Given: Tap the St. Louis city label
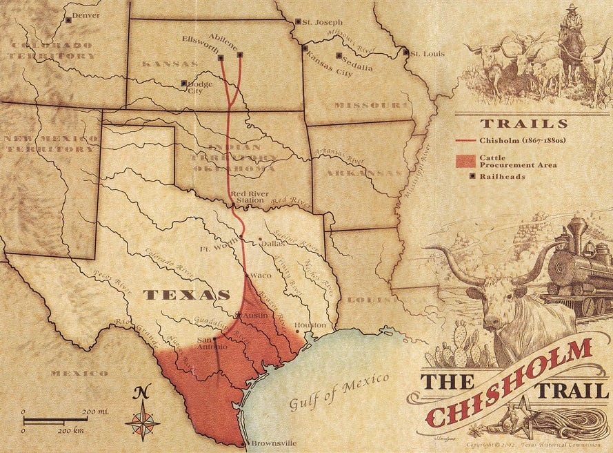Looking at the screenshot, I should (x=423, y=52).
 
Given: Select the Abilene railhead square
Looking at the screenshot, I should (x=239, y=54).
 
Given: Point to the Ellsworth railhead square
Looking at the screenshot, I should (x=221, y=58).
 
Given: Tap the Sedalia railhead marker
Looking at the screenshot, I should (x=338, y=55).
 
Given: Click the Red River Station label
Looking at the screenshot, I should (x=249, y=197).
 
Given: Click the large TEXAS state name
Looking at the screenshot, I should (x=186, y=295).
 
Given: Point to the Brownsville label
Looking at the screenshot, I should (x=273, y=443).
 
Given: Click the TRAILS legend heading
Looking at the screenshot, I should (x=523, y=124).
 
